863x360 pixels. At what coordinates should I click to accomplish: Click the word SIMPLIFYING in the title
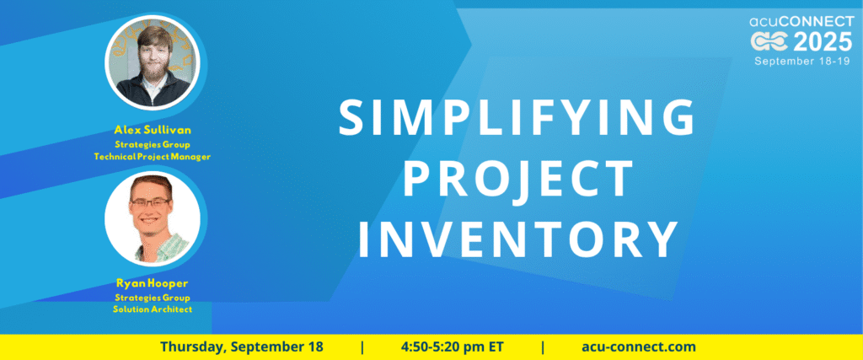click(x=516, y=118)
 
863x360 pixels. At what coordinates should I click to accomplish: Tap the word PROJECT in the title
click(x=518, y=179)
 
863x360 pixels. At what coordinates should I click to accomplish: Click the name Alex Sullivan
click(x=153, y=131)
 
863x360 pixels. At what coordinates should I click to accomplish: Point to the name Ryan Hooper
click(x=153, y=283)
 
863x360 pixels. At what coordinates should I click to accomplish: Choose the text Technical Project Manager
click(x=153, y=157)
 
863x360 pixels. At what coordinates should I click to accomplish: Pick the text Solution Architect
click(x=153, y=309)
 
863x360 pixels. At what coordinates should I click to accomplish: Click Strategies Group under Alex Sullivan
click(x=153, y=145)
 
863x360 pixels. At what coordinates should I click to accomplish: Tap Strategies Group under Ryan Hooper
click(x=153, y=298)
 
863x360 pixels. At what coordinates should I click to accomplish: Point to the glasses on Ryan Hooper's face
click(x=150, y=202)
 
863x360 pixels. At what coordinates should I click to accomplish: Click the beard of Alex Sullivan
click(x=153, y=75)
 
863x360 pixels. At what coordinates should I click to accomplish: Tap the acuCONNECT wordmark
click(x=801, y=22)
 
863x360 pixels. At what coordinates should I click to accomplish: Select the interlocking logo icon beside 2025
click(x=770, y=42)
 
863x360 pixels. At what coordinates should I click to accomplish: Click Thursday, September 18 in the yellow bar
click(x=242, y=347)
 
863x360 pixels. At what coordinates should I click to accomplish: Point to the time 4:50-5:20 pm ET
click(x=453, y=347)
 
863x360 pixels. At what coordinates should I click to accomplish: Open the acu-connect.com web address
click(x=639, y=347)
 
